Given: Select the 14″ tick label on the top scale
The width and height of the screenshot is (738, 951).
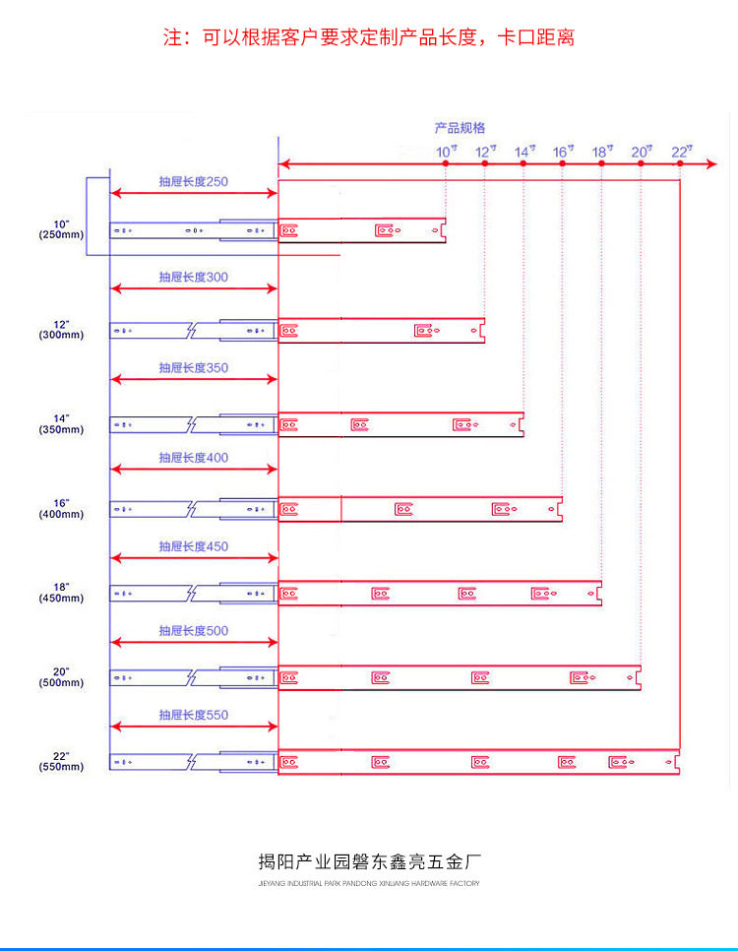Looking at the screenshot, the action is coord(524,152).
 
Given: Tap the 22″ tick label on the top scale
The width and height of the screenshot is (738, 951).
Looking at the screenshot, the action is coord(682,152).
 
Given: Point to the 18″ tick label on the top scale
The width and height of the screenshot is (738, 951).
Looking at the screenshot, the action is coord(602,152).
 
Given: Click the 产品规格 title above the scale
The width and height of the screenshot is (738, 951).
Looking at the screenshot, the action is coord(460,128).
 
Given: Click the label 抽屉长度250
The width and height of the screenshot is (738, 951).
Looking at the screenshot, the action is coord(194,181).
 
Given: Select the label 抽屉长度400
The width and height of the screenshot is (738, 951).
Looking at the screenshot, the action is coord(194,458).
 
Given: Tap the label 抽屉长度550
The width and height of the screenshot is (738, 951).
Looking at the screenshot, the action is coord(194,716).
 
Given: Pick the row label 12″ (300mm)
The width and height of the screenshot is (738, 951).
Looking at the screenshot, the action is coord(62,329).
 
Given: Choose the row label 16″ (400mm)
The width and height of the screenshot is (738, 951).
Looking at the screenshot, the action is coord(62,509).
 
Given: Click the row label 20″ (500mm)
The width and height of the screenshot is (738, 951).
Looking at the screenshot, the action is coord(62,676).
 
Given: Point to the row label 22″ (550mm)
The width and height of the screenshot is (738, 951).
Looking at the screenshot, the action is coord(62,761).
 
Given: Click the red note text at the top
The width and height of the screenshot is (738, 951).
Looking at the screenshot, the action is coord(369,38).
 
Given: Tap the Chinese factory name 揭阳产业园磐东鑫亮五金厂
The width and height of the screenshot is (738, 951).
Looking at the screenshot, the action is coord(369,863).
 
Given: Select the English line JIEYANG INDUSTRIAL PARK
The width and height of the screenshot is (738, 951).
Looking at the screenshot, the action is coord(369,884).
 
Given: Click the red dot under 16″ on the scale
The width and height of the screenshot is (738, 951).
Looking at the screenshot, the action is coord(563,164).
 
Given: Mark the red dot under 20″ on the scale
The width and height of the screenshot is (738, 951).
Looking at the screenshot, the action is coord(641,164).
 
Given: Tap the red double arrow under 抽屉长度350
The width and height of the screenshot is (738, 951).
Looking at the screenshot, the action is coord(194,379).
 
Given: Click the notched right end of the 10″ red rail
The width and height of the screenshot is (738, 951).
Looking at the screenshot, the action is coord(443,230).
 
